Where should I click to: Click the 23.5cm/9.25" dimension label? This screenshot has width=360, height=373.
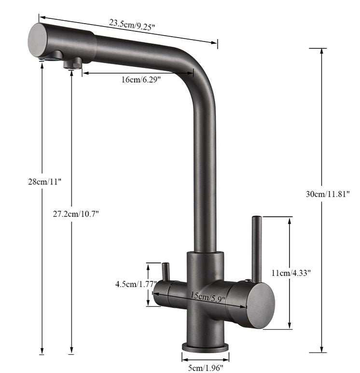132,25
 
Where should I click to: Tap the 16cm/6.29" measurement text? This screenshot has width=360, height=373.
141,80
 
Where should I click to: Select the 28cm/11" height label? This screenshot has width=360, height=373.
45,182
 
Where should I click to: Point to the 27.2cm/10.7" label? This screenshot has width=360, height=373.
76,214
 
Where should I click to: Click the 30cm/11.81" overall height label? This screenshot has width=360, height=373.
328,194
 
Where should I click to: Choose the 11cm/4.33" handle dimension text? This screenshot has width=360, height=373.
291,273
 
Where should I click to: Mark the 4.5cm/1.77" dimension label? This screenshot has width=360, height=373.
136,284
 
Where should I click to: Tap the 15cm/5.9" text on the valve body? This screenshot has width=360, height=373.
208,297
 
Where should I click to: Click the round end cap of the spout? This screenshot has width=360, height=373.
38,40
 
